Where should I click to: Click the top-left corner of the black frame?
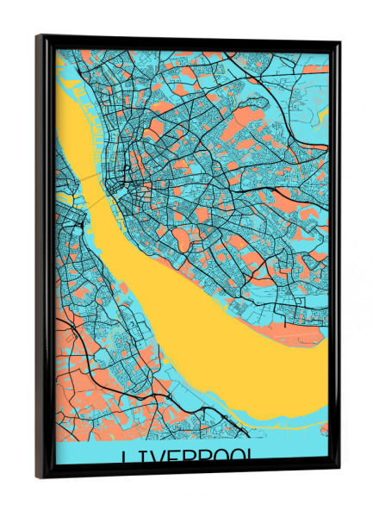tap(38, 36)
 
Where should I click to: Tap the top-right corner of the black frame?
tap(339, 44)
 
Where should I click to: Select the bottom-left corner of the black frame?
tap(38, 477)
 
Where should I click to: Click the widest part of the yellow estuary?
tap(258, 362)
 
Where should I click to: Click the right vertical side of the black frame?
tap(335, 258)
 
